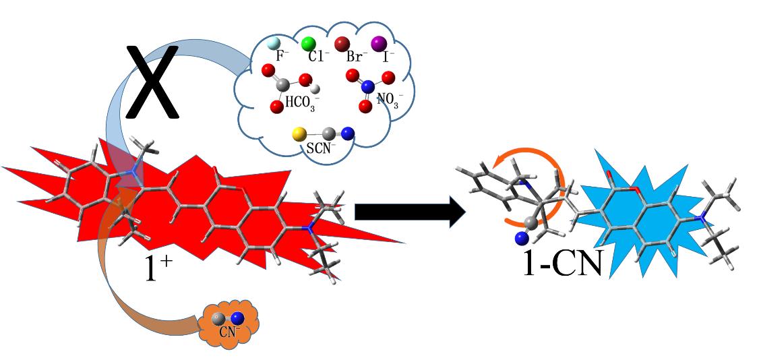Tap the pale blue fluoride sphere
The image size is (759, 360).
click(272, 44)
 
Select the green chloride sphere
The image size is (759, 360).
click(308, 44)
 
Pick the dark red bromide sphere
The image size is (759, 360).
click(342, 44)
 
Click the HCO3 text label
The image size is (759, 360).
click(301, 104)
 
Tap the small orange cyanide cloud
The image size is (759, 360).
click(229, 322)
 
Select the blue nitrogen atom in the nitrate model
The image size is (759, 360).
click(367, 87)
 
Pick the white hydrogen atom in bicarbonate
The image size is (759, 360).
click(315, 88)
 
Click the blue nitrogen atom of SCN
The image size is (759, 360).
click(348, 134)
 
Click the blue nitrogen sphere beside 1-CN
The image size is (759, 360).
click(520, 237)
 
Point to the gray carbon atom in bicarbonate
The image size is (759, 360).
click(284, 85)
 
